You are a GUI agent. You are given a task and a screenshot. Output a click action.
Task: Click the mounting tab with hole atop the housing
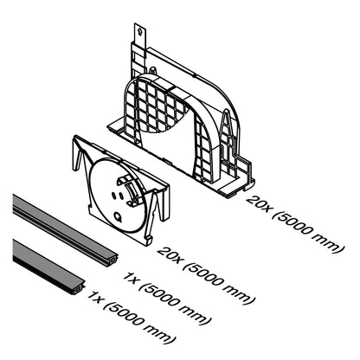(x=138, y=35)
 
